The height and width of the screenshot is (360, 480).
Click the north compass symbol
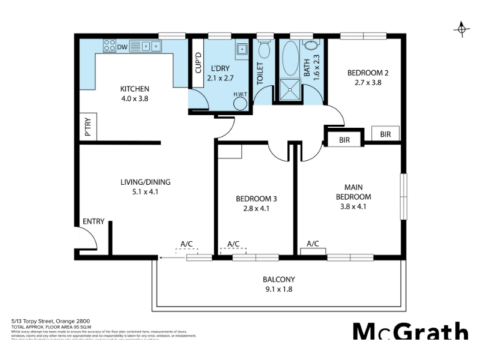pyautogui.click(x=461, y=29)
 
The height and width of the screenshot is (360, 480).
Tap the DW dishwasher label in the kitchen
pyautogui.click(x=122, y=47)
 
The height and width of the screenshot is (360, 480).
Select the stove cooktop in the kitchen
pyautogui.click(x=109, y=46)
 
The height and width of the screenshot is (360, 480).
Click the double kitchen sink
pyautogui.click(x=146, y=46)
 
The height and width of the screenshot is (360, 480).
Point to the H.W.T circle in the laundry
pyautogui.click(x=241, y=103)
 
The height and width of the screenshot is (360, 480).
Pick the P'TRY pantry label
pyautogui.click(x=88, y=127)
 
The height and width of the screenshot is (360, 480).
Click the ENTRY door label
pyautogui.click(x=94, y=221)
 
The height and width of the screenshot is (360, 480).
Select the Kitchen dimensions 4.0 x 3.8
pyautogui.click(x=134, y=99)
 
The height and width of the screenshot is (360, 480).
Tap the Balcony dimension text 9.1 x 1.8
pyautogui.click(x=279, y=289)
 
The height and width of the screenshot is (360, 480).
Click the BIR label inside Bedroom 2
pyautogui.click(x=385, y=135)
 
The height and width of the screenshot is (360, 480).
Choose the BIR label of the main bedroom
pyautogui.click(x=344, y=140)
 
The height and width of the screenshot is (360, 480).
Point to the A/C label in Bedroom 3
pyautogui.click(x=233, y=244)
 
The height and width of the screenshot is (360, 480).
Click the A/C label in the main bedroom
pyautogui.click(x=313, y=244)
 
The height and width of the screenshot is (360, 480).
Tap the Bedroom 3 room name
pyautogui.click(x=256, y=199)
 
